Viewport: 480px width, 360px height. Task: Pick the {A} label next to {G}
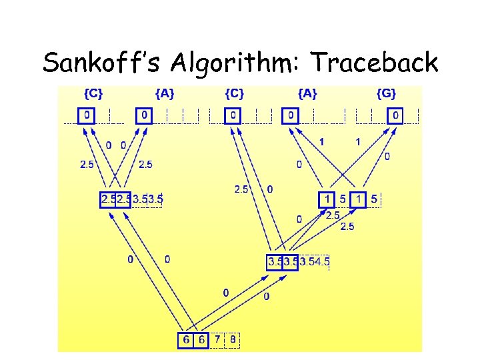coord(307,94)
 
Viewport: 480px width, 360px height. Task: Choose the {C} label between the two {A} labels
coord(234,94)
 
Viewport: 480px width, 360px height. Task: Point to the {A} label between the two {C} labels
coord(165,94)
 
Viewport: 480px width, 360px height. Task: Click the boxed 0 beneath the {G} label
coord(396,116)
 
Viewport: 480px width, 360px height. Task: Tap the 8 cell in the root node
coord(233,340)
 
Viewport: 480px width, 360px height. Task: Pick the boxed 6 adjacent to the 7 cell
coord(201,340)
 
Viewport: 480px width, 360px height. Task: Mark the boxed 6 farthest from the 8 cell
coord(185,340)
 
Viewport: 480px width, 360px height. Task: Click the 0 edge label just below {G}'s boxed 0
coord(387,156)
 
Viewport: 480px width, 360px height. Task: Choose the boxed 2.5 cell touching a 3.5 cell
coord(123,199)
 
